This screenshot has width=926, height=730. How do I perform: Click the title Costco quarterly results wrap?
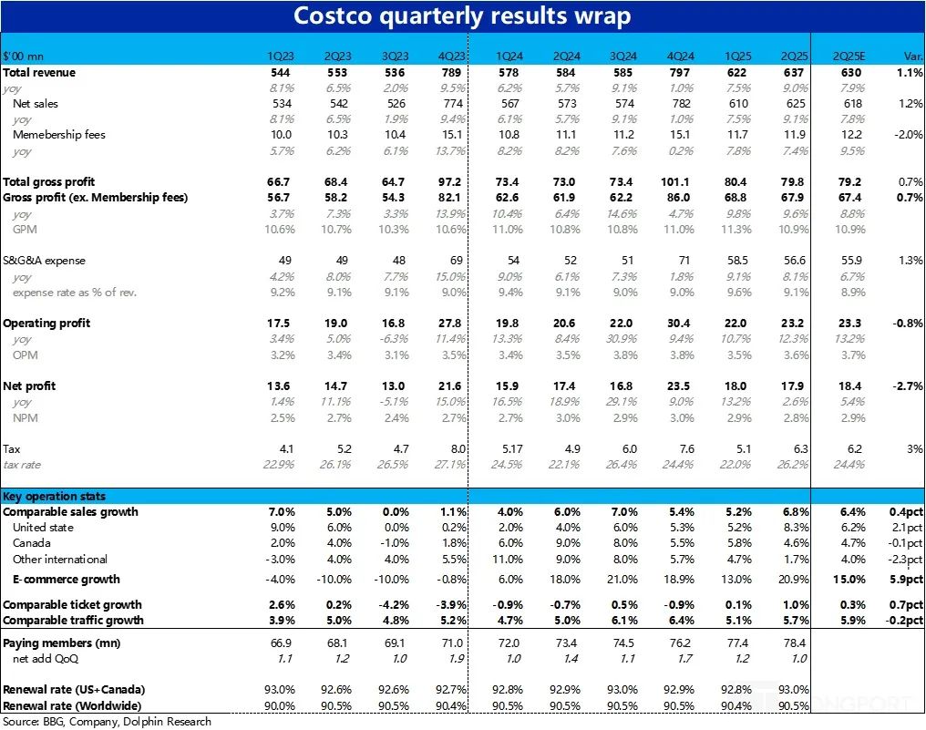coord(462,16)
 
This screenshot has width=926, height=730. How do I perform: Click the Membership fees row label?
coord(59,135)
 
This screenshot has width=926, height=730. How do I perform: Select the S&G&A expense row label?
coord(44,261)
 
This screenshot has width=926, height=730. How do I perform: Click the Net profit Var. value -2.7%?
coord(908,386)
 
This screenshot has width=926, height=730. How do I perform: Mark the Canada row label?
coord(32,543)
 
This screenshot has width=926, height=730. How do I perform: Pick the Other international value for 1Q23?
coord(283,560)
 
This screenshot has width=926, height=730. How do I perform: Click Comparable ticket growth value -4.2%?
coord(396,605)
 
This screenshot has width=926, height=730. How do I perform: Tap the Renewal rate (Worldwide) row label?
coord(74,706)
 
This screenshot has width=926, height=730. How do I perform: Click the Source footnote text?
coord(108,722)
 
